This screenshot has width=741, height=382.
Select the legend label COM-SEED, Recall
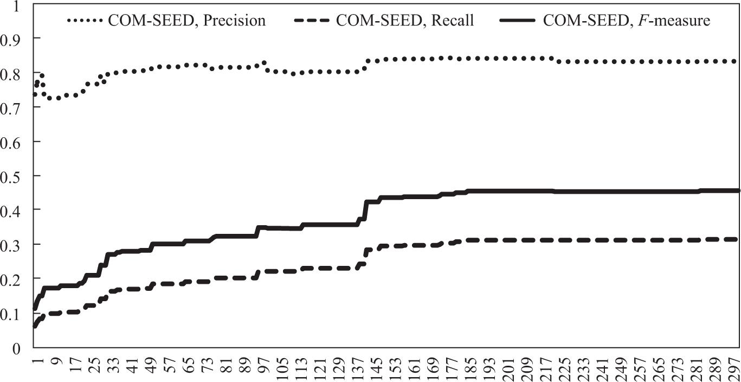tap(405, 21)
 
